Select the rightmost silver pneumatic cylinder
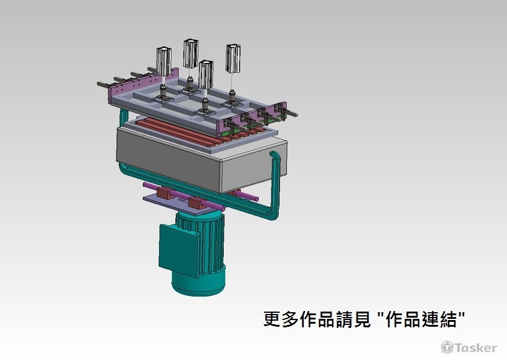point(233,58)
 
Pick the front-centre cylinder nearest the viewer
point(206,74)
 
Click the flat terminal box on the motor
point(178,248)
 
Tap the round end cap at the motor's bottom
point(197,283)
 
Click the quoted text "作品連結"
point(430,319)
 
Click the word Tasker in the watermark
point(476,347)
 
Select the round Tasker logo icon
point(447,347)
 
